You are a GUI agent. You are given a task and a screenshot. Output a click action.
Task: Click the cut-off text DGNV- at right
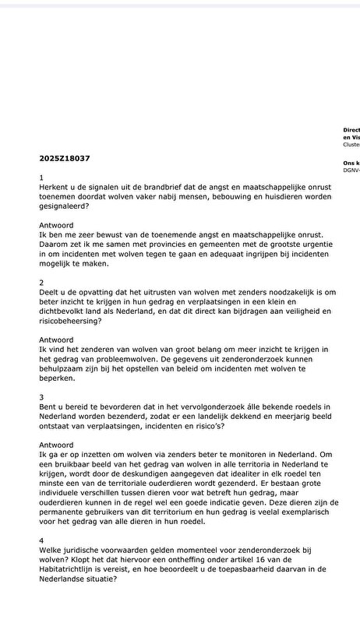click(351, 169)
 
